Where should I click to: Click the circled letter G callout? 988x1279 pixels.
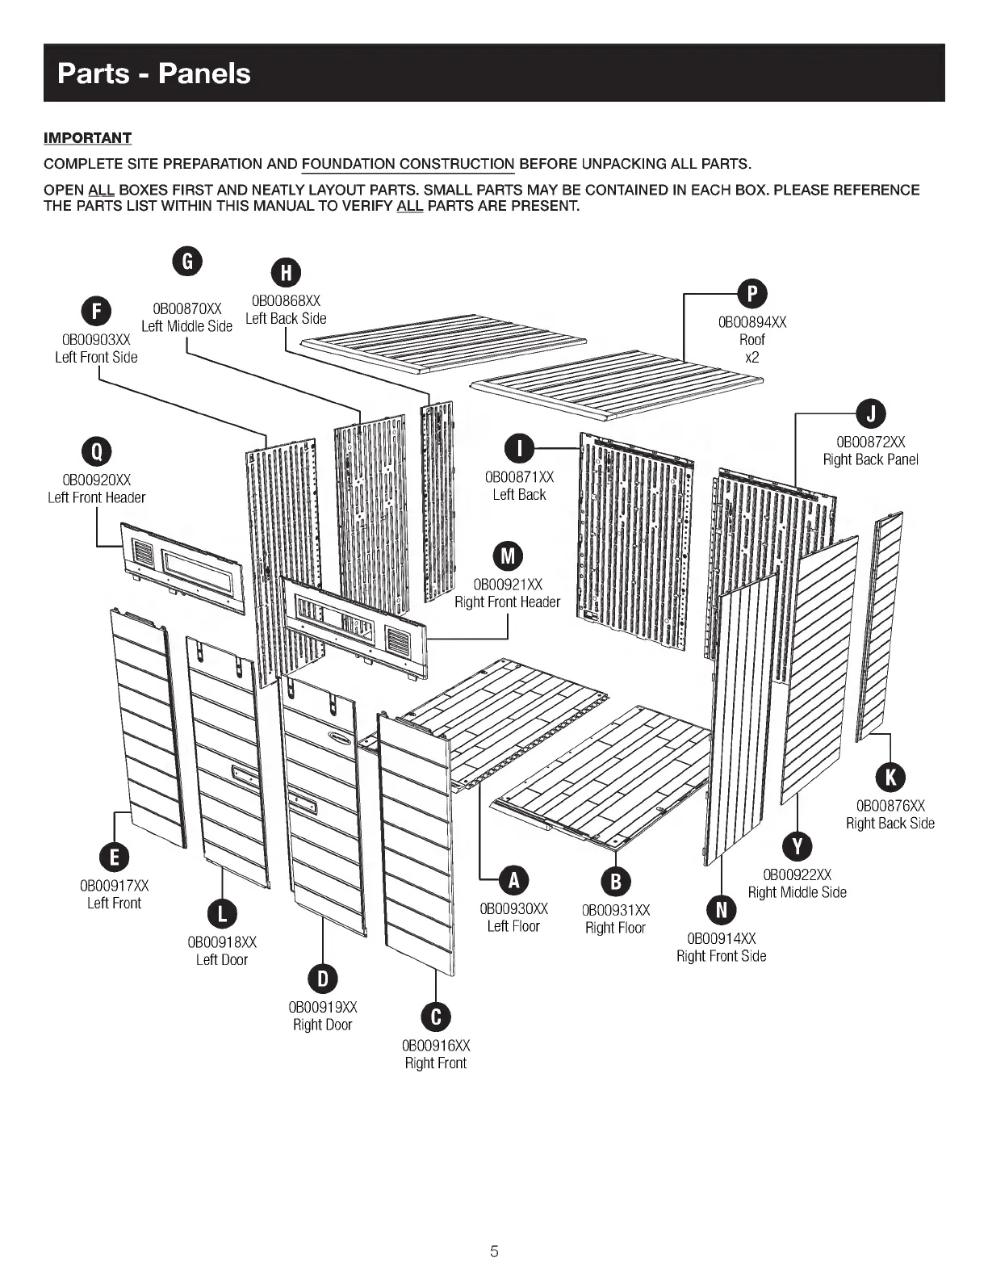(x=187, y=261)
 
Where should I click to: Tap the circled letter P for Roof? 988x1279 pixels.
(x=752, y=294)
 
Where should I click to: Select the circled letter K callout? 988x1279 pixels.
(x=890, y=777)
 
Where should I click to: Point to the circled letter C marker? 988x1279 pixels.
(x=436, y=1017)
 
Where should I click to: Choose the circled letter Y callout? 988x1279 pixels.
(x=798, y=846)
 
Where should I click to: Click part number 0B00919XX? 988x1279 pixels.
(x=323, y=1007)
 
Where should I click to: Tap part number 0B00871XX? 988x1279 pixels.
(x=519, y=477)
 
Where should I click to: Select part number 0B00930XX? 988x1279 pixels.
(x=513, y=909)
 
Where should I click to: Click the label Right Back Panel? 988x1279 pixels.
(x=870, y=459)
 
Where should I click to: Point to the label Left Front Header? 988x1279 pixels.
(x=97, y=497)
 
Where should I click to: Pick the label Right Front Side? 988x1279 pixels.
(x=721, y=956)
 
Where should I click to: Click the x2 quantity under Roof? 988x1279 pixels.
(x=751, y=357)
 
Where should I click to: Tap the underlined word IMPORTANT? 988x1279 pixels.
(x=87, y=138)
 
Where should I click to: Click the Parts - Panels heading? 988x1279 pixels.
(x=154, y=73)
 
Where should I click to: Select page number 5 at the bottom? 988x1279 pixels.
(x=494, y=1252)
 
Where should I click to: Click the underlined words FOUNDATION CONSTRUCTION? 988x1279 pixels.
(x=408, y=165)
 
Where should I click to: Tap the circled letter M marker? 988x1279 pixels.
(x=508, y=556)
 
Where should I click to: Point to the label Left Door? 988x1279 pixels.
(x=222, y=959)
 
